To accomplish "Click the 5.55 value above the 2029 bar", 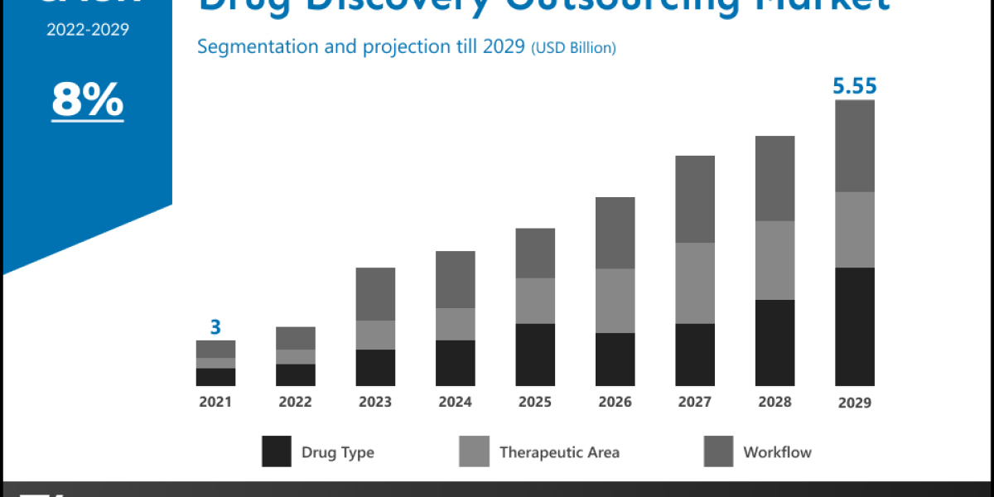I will pos(855,86).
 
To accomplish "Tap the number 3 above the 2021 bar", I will pos(215,327).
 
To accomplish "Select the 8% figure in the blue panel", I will pos(87,101).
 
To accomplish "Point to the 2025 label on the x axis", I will pos(535,402).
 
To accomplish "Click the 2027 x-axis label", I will pos(695,402).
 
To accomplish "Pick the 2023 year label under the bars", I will pos(375,402).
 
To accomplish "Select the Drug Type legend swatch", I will pos(277,452).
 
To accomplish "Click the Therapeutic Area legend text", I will pos(559,452).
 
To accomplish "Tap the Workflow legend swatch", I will pos(718,452).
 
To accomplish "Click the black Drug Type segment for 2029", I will pos(855,326).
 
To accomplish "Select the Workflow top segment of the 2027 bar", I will pos(695,199).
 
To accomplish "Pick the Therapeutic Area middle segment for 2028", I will pos(774,260).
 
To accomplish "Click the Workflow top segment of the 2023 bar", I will pos(375,294).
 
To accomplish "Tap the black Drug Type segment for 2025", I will pos(535,355).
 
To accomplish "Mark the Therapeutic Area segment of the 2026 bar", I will pos(615,301).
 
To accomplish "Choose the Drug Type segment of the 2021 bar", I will pos(215,377).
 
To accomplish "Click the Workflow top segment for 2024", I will pos(456,279).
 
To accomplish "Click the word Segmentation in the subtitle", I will pos(249,46).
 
